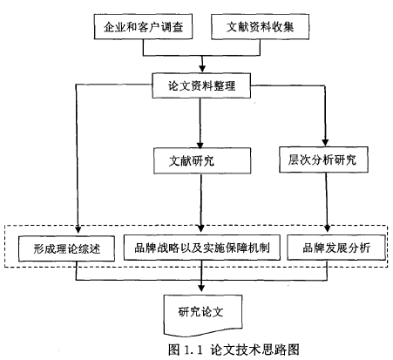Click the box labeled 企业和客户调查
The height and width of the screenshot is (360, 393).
click(143, 27)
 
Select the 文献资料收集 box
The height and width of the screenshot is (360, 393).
click(260, 26)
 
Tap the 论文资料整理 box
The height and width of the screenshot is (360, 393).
click(201, 85)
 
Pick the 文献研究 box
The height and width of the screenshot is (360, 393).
click(202, 160)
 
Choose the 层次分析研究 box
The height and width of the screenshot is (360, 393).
click(323, 160)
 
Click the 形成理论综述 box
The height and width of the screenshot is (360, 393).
click(66, 248)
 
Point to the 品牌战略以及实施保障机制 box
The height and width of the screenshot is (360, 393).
click(202, 248)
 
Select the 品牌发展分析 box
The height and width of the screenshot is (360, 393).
click(336, 248)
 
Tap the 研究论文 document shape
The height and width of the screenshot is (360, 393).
click(203, 316)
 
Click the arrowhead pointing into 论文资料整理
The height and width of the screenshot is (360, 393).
click(202, 69)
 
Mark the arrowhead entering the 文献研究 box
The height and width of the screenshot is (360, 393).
click(200, 145)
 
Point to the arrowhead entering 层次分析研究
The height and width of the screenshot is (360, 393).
click(325, 142)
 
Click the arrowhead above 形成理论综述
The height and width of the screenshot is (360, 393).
click(78, 229)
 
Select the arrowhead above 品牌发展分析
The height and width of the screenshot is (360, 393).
click(328, 228)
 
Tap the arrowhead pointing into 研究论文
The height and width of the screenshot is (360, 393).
click(201, 288)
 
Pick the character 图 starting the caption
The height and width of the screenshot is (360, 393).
click(173, 350)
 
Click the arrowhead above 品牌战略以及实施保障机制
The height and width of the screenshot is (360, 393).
click(200, 228)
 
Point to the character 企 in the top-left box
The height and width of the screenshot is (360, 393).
click(109, 27)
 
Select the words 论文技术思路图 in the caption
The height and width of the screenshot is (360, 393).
click(254, 350)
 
